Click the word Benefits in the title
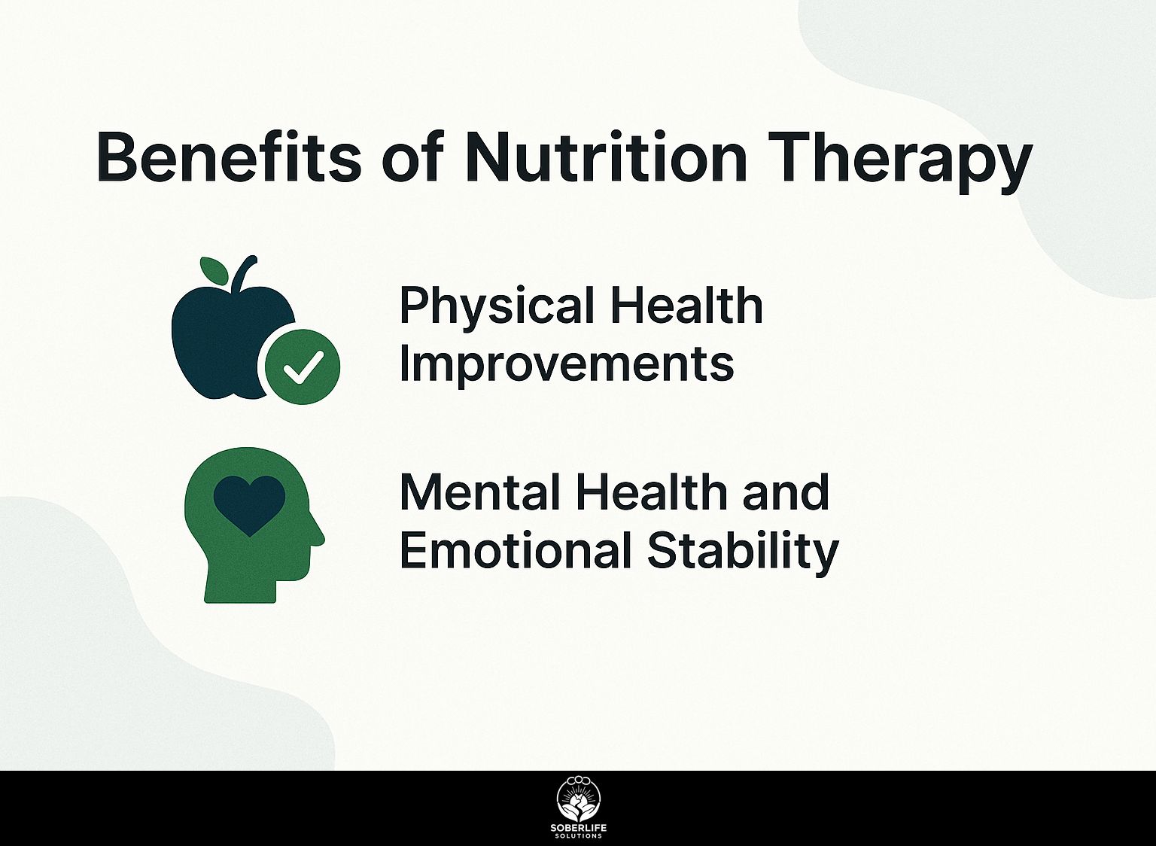point(229,157)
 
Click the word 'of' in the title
point(413,157)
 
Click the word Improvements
point(567,366)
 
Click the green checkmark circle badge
point(302,367)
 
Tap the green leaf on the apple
point(213,270)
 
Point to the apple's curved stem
point(244,273)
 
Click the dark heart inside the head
point(250,505)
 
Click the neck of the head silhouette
point(241,589)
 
